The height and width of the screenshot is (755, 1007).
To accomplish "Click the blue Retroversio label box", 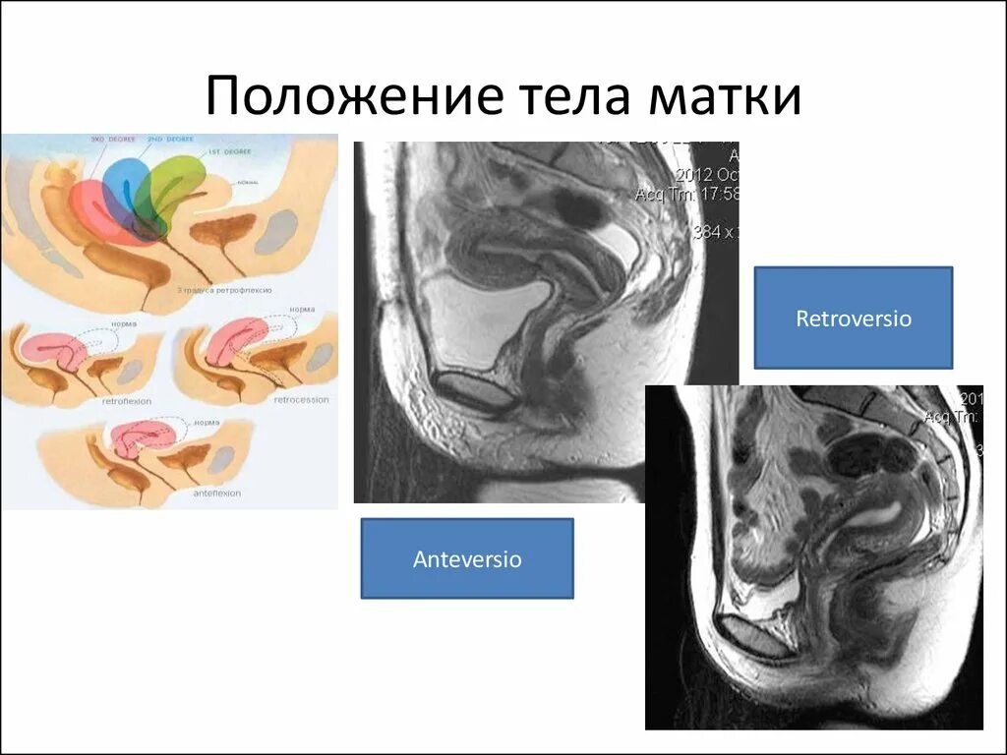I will tap(853, 319).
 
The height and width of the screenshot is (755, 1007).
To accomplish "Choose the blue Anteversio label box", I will tap(467, 559).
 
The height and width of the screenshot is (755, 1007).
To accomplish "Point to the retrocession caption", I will tap(300, 400).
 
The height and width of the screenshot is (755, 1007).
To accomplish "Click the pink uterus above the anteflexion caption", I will tap(144, 438).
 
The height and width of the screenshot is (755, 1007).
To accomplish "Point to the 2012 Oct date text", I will tap(707, 174).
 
